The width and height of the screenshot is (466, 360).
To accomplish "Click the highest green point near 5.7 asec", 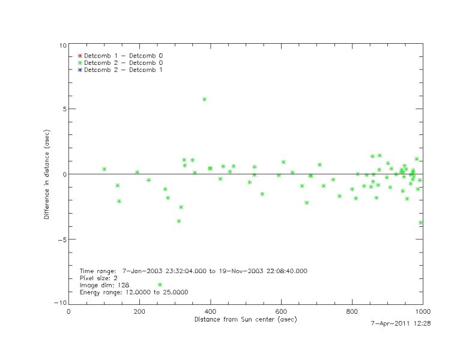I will [x=204, y=99].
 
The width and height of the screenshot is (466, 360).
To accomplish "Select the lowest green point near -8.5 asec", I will [x=160, y=284].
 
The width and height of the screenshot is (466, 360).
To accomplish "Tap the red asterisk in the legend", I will [x=79, y=55].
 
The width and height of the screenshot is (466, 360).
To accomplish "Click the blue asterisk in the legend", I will [x=79, y=70].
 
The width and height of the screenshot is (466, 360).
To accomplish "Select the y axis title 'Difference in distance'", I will [x=47, y=175].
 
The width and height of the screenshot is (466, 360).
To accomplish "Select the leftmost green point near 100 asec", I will [x=104, y=169].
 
